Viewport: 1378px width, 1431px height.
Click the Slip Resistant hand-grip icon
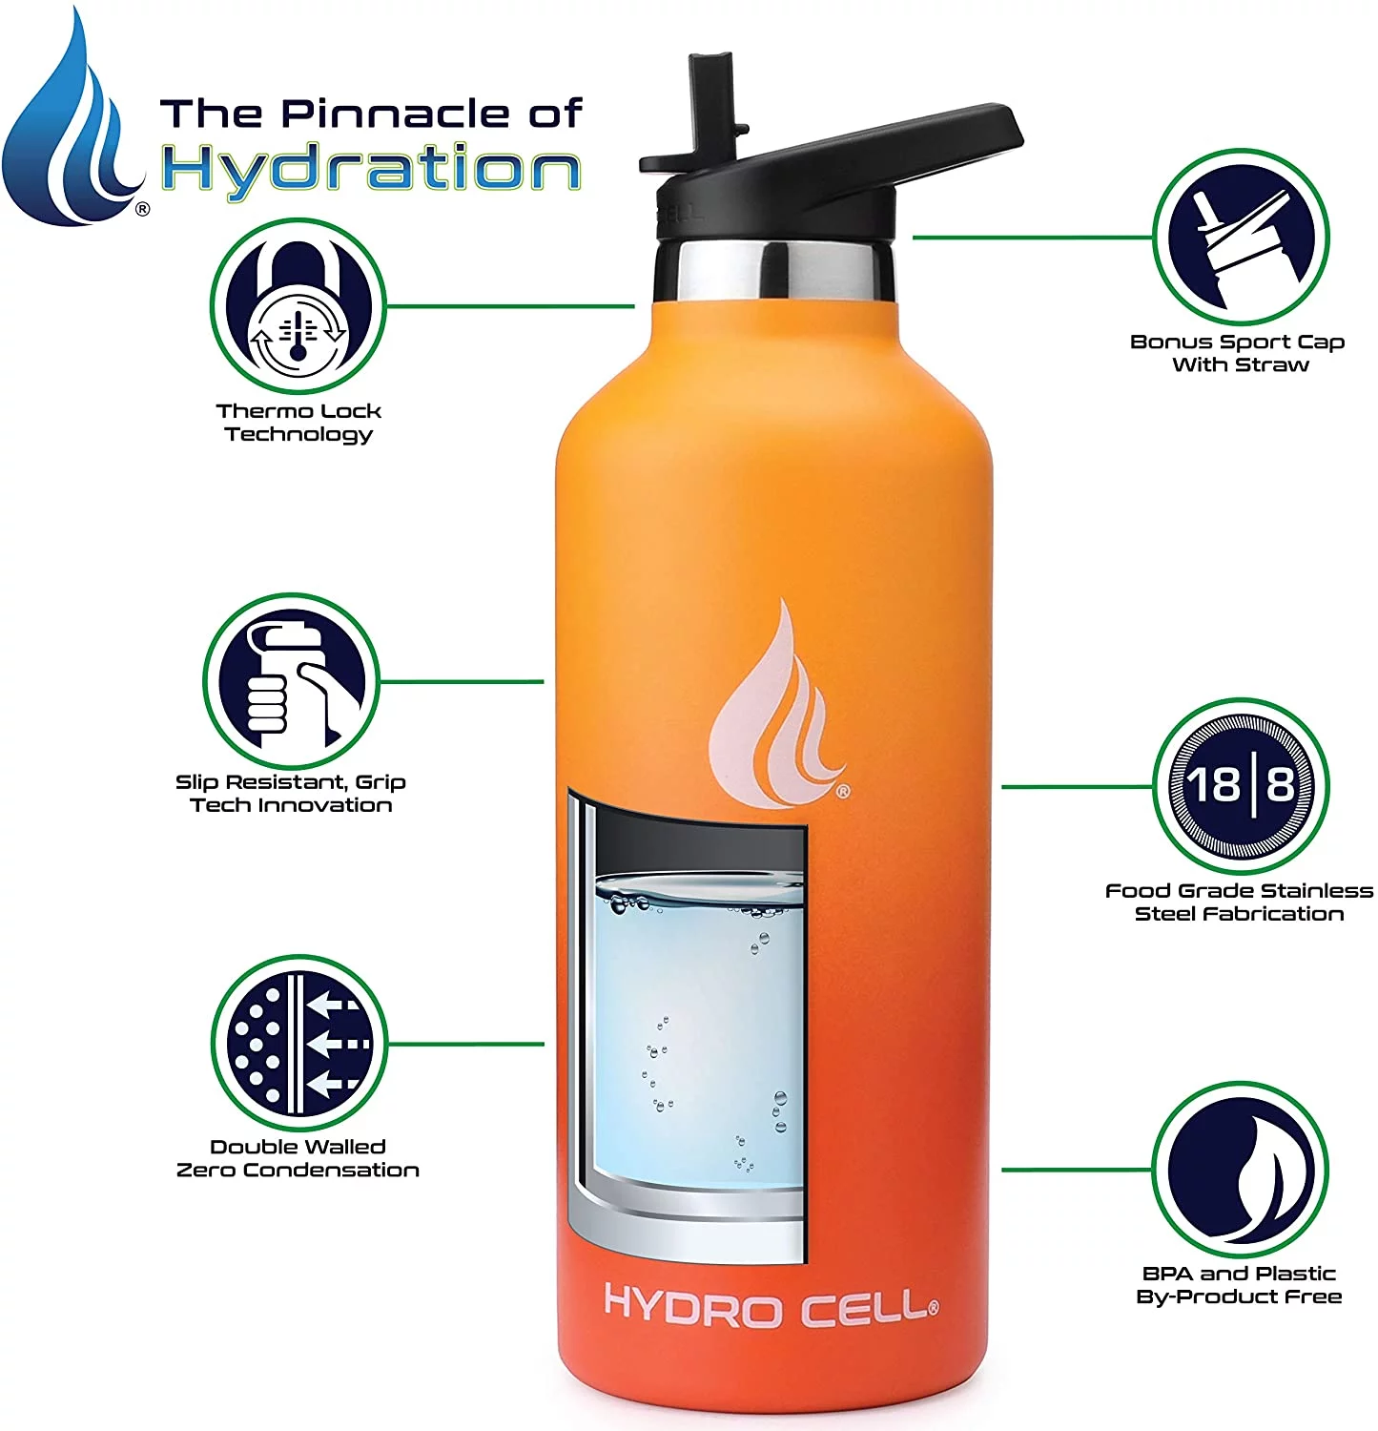click(291, 682)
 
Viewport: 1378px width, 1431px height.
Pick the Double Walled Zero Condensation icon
click(298, 1044)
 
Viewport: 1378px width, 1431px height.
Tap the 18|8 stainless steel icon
click(1240, 786)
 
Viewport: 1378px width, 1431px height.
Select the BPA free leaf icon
click(1240, 1170)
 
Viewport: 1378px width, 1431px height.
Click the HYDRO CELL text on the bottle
click(771, 1306)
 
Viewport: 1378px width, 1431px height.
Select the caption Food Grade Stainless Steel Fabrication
click(1239, 902)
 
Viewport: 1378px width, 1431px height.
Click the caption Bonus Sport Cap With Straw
click(1238, 353)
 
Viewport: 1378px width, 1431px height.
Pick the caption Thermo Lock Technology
click(298, 423)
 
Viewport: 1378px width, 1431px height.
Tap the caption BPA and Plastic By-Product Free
click(1239, 1285)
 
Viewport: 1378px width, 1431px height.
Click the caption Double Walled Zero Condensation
click(298, 1158)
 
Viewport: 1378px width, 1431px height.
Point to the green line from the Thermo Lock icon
click(510, 306)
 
